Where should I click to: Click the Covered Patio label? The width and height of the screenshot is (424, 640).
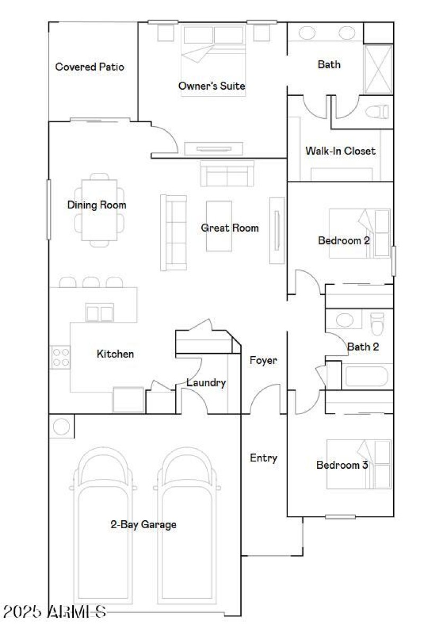90,67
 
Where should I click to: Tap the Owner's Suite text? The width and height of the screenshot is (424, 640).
212,86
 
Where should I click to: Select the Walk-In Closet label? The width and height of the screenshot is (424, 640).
340,151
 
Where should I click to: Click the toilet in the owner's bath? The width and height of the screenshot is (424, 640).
378,112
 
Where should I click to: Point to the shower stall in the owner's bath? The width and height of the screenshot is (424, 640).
378,69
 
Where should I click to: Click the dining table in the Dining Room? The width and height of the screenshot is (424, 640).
99,210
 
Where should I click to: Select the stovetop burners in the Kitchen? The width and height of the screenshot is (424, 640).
60,357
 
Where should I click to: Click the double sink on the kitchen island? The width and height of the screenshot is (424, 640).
99,313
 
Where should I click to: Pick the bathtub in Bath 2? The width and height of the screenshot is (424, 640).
366,377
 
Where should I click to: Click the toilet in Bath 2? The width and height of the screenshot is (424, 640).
377,324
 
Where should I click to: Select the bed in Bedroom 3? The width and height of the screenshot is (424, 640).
359,464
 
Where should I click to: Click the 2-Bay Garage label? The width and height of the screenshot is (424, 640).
143,525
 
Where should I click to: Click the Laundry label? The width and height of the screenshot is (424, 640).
206,383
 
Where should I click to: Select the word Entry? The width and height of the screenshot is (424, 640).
263,458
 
